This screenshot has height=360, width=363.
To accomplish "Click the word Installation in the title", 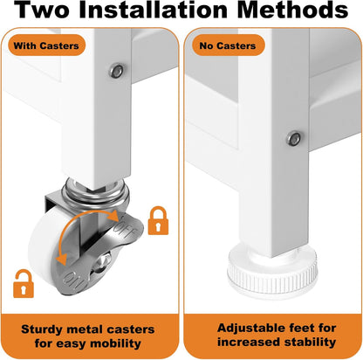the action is pyautogui.click(x=153, y=10).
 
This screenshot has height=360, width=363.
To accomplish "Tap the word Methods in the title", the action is pyautogui.click(x=293, y=10).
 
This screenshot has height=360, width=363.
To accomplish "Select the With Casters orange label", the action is pyautogui.click(x=46, y=45).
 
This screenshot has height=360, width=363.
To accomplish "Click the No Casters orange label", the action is pyautogui.click(x=228, y=45).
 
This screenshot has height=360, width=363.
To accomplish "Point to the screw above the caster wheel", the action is pyautogui.click(x=117, y=71).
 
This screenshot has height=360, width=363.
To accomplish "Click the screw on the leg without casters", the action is pyautogui.click(x=294, y=139).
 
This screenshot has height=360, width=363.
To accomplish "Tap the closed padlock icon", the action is pyautogui.click(x=158, y=220).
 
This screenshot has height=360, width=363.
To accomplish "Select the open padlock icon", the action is pyautogui.click(x=24, y=284).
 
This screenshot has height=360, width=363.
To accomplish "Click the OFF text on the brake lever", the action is pyautogui.click(x=126, y=229).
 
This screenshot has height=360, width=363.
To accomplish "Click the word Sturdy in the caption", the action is pyautogui.click(x=42, y=329).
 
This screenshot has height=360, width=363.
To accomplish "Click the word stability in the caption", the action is pyautogui.click(x=310, y=342).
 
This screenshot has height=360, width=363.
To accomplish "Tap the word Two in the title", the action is pyautogui.click(x=42, y=10).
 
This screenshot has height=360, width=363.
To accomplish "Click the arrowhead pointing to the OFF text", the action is pyautogui.click(x=113, y=215).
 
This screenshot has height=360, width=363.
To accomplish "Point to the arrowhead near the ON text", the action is pyautogui.click(x=61, y=259).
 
